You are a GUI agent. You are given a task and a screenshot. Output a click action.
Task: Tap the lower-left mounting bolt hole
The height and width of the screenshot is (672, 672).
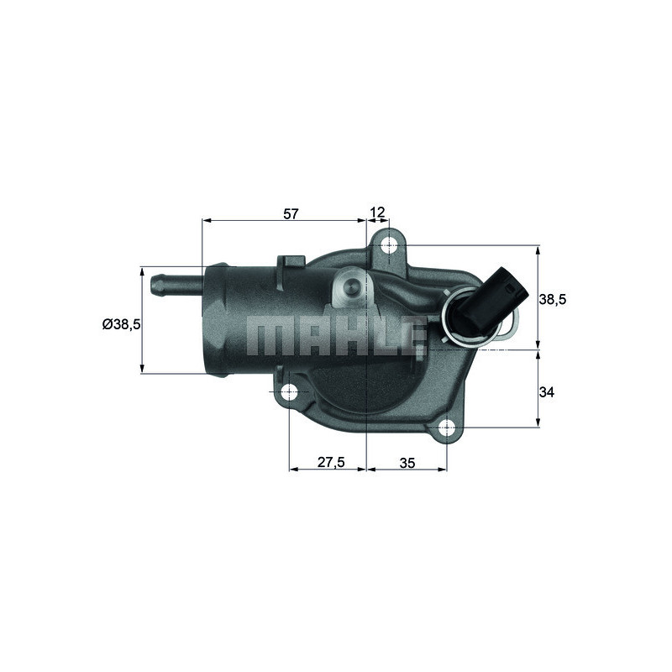point(289,392)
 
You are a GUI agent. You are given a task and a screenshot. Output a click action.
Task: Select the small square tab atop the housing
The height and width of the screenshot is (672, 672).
point(290,261)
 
